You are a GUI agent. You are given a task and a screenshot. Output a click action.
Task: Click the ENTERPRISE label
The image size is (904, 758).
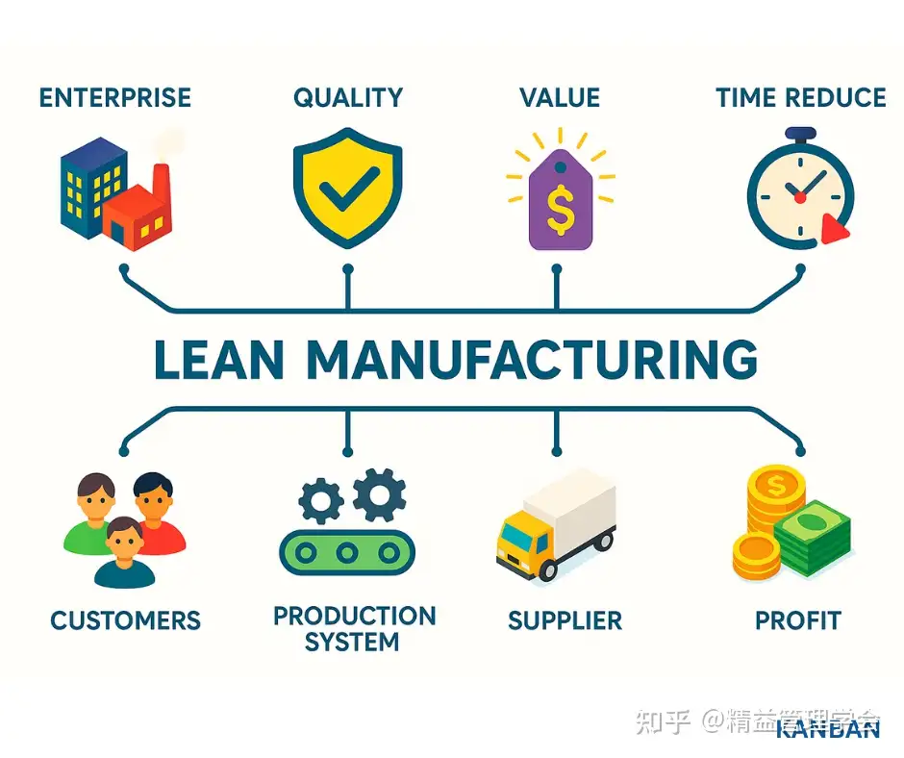[114, 97]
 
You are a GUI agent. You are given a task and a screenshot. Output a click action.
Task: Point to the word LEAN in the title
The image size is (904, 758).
[218, 361]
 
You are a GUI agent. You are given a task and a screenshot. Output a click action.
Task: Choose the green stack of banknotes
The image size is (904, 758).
[814, 539]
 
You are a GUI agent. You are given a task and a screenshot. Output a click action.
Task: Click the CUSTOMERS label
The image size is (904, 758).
[125, 620]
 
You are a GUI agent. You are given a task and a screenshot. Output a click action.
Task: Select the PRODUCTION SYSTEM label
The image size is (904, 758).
[353, 629]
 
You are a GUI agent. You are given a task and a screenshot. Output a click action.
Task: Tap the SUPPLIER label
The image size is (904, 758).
[565, 620]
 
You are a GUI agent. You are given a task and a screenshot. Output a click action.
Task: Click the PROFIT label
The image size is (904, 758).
[797, 620]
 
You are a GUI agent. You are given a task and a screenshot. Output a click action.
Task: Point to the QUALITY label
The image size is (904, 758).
[347, 97]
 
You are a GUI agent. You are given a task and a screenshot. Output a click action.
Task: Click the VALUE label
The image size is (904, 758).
[559, 97]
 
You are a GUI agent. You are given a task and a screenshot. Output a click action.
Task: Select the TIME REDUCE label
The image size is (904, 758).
[800, 97]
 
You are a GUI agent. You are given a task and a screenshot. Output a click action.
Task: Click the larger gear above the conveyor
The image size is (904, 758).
[378, 493]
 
